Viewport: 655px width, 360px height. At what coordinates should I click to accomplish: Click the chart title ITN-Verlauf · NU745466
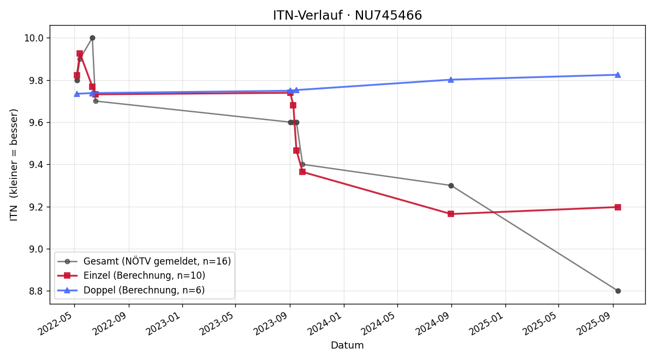coord(347,15)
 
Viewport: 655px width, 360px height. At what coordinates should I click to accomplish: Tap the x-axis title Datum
coord(347,345)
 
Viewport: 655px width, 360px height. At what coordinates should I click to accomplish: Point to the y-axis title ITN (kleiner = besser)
coord(14,165)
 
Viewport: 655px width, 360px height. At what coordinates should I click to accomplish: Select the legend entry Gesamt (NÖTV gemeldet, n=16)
coord(157,261)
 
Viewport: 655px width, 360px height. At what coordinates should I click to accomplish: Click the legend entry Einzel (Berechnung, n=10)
coord(144,275)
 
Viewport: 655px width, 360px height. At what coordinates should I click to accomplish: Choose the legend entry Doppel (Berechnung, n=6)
coord(144,290)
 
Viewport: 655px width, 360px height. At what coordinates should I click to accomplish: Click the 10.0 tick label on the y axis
coord(34,38)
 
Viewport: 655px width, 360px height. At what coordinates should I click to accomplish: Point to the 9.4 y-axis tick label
coord(36,165)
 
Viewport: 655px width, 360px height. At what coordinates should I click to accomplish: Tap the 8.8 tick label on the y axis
coord(36,291)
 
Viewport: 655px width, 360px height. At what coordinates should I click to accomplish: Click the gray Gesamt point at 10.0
coord(92,38)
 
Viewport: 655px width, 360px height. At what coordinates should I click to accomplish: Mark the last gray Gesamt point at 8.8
coord(618,291)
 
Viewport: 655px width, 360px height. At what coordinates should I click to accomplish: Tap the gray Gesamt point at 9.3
coord(451,185)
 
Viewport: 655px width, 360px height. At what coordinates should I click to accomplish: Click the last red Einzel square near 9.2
coord(618,207)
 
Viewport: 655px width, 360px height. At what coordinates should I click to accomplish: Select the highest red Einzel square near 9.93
coord(80,53)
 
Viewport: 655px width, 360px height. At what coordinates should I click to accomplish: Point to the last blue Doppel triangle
coord(618,75)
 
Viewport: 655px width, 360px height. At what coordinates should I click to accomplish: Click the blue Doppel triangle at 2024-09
coord(451,80)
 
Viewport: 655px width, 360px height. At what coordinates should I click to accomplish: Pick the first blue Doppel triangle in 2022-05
coord(77,94)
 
